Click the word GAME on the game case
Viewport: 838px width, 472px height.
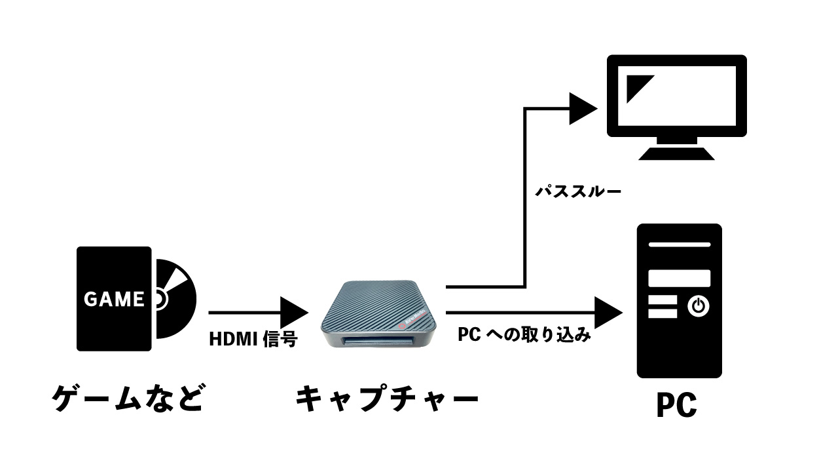click(114, 300)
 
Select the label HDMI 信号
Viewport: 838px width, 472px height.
click(253, 339)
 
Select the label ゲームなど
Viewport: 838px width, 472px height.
click(128, 398)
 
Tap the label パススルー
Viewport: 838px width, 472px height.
click(578, 192)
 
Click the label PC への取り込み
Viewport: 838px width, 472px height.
click(524, 336)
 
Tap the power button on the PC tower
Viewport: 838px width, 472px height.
click(699, 305)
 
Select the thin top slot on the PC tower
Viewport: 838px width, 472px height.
click(679, 244)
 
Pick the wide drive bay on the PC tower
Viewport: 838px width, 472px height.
click(679, 278)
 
